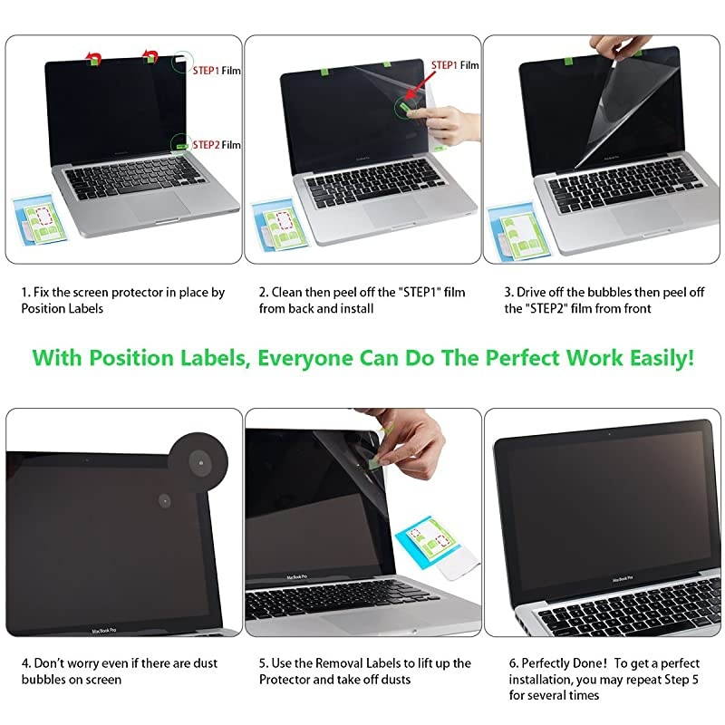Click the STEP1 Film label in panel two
pyautogui.click(x=455, y=65)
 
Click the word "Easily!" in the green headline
pyautogui.click(x=654, y=357)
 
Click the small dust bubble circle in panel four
pyautogui.click(x=166, y=499)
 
